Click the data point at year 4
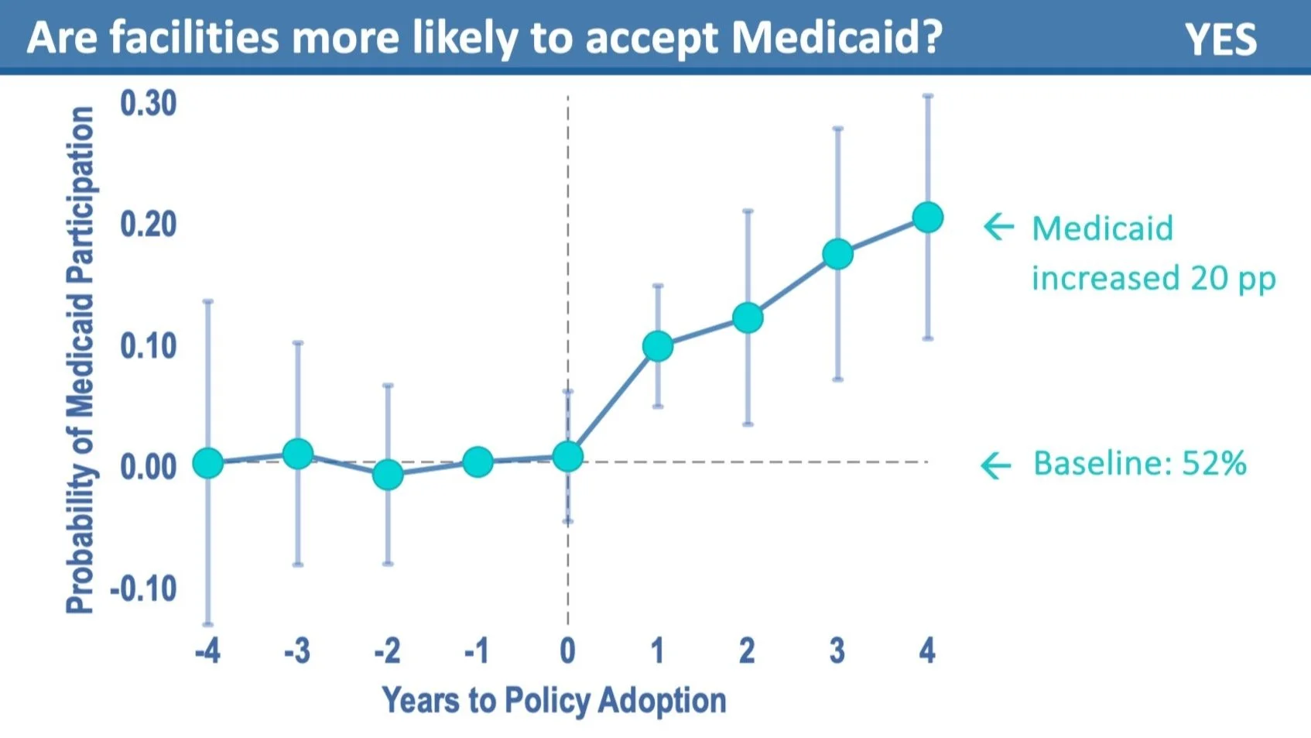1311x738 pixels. pos(927,218)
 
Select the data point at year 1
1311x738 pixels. pos(657,346)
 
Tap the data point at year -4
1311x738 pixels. pos(207,463)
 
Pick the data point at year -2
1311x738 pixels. pos(388,474)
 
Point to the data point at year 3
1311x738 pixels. pos(837,254)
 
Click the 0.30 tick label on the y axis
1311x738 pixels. pos(148,103)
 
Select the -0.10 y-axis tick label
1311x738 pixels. pos(143,589)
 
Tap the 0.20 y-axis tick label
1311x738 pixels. pos(148,225)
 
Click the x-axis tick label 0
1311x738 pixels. pos(567,650)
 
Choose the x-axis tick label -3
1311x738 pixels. pos(296,650)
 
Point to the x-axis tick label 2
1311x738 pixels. pos(747,650)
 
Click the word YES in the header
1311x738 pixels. pos(1220,39)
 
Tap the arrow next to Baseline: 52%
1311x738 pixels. pos(996,465)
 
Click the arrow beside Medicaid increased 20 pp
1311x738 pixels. pos(998,226)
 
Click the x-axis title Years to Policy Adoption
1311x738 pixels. pos(554,700)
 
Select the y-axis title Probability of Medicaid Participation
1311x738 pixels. pos(80,360)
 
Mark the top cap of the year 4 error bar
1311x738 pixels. pos(927,96)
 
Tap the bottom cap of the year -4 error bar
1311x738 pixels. pos(207,624)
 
